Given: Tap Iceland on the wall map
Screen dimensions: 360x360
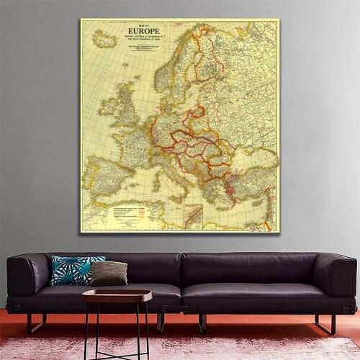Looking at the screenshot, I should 104,39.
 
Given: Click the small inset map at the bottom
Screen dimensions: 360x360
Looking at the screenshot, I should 193,216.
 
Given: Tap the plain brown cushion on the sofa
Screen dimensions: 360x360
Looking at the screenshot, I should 109,273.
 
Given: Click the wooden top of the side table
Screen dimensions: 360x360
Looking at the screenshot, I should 117,294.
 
